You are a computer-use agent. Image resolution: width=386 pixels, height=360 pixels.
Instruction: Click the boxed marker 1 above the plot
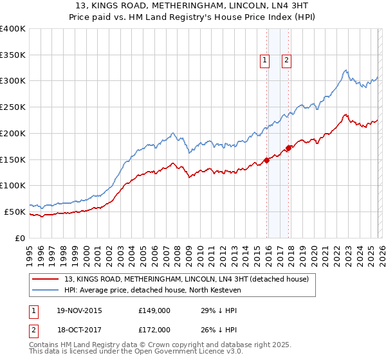(264, 60)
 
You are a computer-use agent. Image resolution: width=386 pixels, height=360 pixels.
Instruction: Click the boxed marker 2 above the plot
(286, 60)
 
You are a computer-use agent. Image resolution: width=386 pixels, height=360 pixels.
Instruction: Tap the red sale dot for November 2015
(267, 161)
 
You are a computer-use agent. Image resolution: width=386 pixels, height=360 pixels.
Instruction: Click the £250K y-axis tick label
(13, 107)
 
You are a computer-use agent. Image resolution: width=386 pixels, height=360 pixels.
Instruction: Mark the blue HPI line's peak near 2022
(346, 70)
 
